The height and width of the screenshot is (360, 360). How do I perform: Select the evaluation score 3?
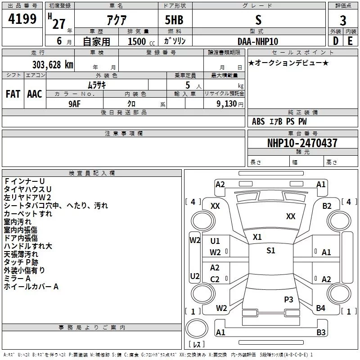(343, 20)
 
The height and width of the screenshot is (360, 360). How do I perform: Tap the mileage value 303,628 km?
(52, 64)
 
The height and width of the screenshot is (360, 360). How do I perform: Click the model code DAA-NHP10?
(258, 41)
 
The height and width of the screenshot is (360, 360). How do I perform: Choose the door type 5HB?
(174, 20)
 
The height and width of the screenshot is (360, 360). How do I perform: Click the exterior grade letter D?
(335, 41)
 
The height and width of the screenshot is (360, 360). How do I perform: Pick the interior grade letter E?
(350, 41)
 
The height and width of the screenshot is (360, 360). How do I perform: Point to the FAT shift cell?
(13, 94)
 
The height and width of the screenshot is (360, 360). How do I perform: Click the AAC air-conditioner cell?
(35, 94)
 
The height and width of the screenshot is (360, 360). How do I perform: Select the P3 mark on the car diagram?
(288, 299)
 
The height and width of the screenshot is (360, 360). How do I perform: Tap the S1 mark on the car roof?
(270, 251)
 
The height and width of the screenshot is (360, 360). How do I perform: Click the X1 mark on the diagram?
(257, 237)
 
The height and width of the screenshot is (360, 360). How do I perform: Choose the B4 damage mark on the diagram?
(320, 308)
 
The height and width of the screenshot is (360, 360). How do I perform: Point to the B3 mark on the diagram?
(320, 333)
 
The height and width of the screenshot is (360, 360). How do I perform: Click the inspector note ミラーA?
(17, 279)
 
